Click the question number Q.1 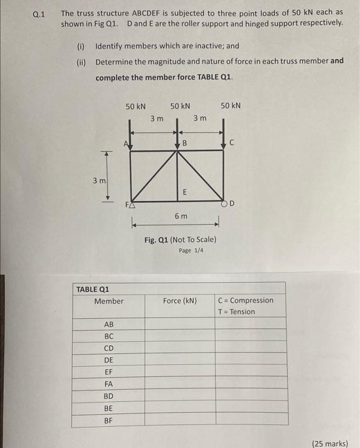38,13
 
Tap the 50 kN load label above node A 136,106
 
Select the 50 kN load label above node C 230,106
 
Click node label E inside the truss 185,191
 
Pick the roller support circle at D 224,204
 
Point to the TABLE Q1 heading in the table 93,289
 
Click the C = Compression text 246,300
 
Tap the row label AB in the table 108,324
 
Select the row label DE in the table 108,360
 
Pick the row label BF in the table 108,420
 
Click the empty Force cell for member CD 180,348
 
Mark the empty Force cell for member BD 180,396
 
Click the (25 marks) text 333,442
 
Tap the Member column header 109,301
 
